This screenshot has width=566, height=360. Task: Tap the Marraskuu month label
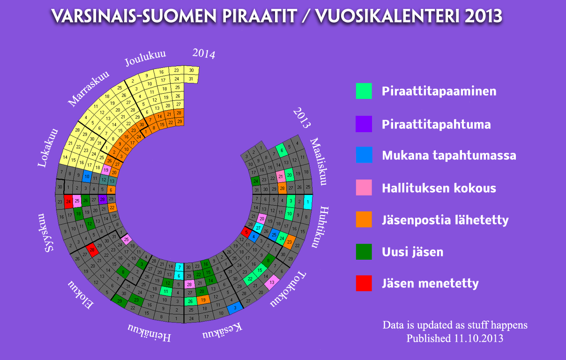click(x=89, y=88)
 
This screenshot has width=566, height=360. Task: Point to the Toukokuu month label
click(x=288, y=290)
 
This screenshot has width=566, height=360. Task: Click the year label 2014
click(x=204, y=54)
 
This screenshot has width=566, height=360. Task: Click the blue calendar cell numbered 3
click(x=235, y=307)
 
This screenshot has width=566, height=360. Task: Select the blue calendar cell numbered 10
click(x=87, y=177)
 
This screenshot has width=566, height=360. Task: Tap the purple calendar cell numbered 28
click(x=102, y=200)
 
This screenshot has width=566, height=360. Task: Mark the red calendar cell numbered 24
click(x=68, y=202)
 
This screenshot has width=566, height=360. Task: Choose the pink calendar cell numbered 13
click(x=272, y=282)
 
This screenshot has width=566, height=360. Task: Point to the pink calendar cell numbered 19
click(x=106, y=171)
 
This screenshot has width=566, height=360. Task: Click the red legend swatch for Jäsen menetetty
click(x=364, y=283)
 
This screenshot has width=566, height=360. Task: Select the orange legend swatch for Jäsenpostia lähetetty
click(x=364, y=219)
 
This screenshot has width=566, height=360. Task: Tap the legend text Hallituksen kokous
click(x=439, y=188)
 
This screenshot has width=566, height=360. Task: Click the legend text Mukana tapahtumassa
click(x=449, y=156)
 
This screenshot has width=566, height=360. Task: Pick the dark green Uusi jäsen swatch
click(x=364, y=252)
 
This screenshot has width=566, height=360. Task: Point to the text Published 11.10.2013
click(x=455, y=338)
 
